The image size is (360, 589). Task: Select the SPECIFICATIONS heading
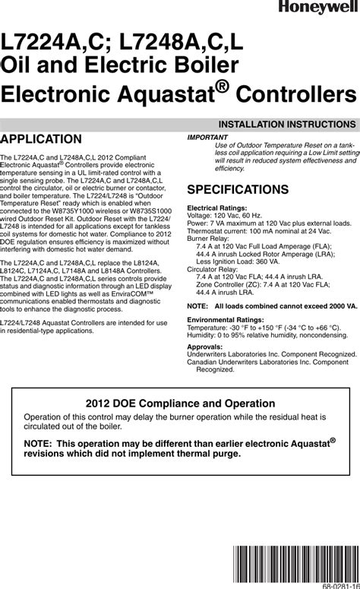pyautogui.click(x=238, y=189)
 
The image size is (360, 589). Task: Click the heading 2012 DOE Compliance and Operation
pyautogui.click(x=180, y=404)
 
